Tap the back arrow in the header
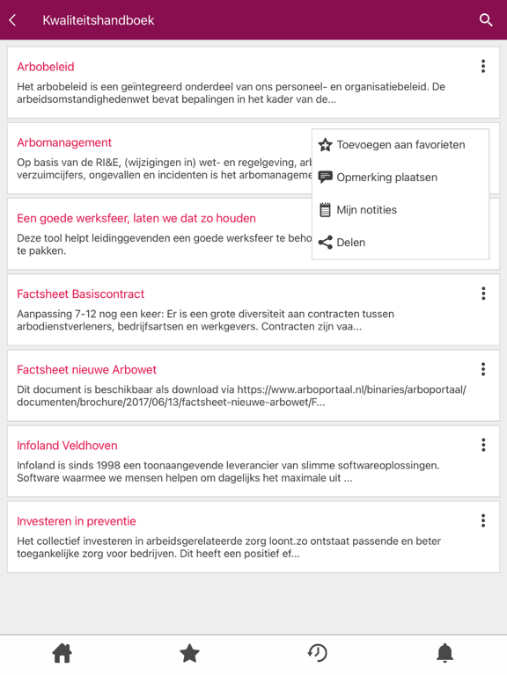tap(13, 19)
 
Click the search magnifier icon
tap(486, 19)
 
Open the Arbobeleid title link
tap(46, 67)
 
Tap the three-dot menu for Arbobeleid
tap(483, 66)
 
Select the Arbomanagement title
tap(64, 142)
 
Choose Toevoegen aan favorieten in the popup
tap(400, 145)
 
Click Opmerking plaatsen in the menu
tap(386, 178)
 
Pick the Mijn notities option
tap(366, 210)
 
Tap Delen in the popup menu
tap(350, 243)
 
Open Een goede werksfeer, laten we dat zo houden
tap(136, 218)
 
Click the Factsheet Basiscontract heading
tap(81, 294)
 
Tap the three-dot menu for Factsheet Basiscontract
tap(483, 294)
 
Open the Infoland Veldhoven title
tap(67, 446)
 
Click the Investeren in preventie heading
tap(77, 521)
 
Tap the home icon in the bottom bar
tap(62, 653)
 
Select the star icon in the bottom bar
tap(189, 653)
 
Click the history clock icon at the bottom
tap(317, 653)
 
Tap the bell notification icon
tap(445, 653)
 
